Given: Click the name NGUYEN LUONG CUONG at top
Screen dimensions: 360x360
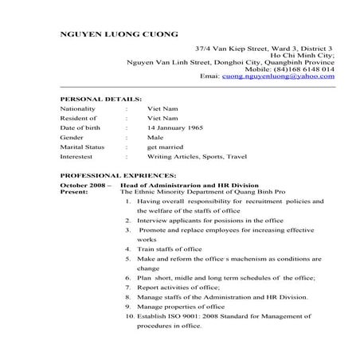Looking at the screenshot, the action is [x=119, y=34].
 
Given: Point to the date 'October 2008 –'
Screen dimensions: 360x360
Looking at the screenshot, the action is [x=84, y=184].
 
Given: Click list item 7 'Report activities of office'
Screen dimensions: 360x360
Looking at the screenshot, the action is [x=178, y=287].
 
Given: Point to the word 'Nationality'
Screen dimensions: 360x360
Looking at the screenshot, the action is [x=78, y=108].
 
